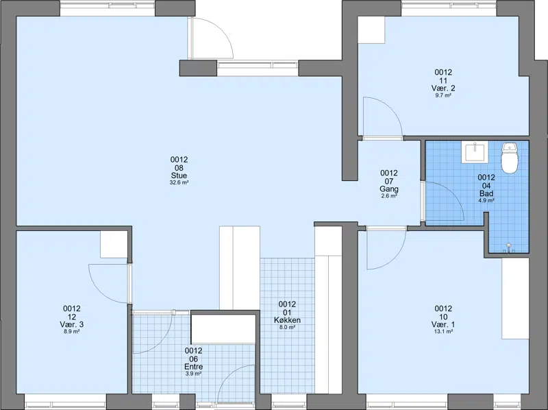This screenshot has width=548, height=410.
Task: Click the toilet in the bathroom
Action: (x=509, y=158)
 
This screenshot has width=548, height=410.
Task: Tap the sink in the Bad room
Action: (x=475, y=152)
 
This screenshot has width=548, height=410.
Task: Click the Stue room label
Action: (x=179, y=176)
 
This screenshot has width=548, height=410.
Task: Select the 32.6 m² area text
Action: (x=179, y=182)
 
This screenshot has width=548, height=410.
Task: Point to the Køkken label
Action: (x=287, y=320)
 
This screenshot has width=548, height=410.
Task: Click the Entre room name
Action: (x=194, y=367)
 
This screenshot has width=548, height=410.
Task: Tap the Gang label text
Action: (x=389, y=189)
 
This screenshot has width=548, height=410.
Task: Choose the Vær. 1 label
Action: (x=443, y=324)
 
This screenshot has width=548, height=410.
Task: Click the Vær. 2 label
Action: (x=443, y=88)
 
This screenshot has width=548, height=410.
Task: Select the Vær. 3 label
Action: (x=72, y=324)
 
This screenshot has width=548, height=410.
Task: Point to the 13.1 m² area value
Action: (x=443, y=331)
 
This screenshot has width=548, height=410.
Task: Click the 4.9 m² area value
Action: (x=486, y=200)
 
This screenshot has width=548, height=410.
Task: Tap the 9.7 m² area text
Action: (x=443, y=95)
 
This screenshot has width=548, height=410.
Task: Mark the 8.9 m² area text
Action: (x=72, y=331)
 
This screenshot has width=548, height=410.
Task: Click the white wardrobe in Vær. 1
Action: (x=515, y=298)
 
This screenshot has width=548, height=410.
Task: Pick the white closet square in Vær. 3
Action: (x=114, y=244)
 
